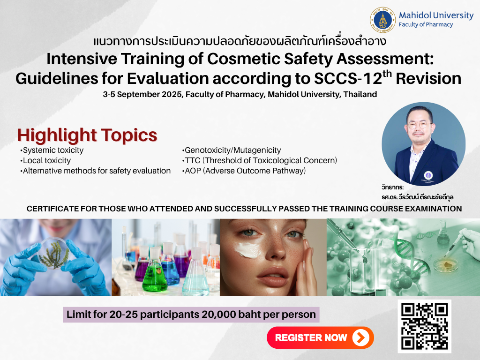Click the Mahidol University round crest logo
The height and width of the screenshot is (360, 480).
[382, 20]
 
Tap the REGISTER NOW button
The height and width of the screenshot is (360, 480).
[320, 337]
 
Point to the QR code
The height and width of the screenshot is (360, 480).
[424, 326]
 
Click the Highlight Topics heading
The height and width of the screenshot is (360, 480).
[87, 135]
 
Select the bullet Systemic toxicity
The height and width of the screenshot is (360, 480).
[52, 150]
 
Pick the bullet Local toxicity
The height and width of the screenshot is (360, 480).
[45, 160]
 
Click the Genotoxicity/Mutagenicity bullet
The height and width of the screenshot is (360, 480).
[232, 150]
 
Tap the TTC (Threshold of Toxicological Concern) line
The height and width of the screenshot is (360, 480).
[260, 160]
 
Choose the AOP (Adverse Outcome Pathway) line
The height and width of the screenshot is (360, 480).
[244, 171]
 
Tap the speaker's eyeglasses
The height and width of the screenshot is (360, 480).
[419, 125]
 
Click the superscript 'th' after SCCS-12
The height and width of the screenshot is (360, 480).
[387, 74]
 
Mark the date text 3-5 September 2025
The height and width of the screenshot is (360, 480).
[143, 94]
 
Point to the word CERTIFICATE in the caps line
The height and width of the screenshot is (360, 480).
[52, 209]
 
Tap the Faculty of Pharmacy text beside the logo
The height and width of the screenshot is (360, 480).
[426, 24]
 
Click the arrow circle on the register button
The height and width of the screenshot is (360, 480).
[361, 337]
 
